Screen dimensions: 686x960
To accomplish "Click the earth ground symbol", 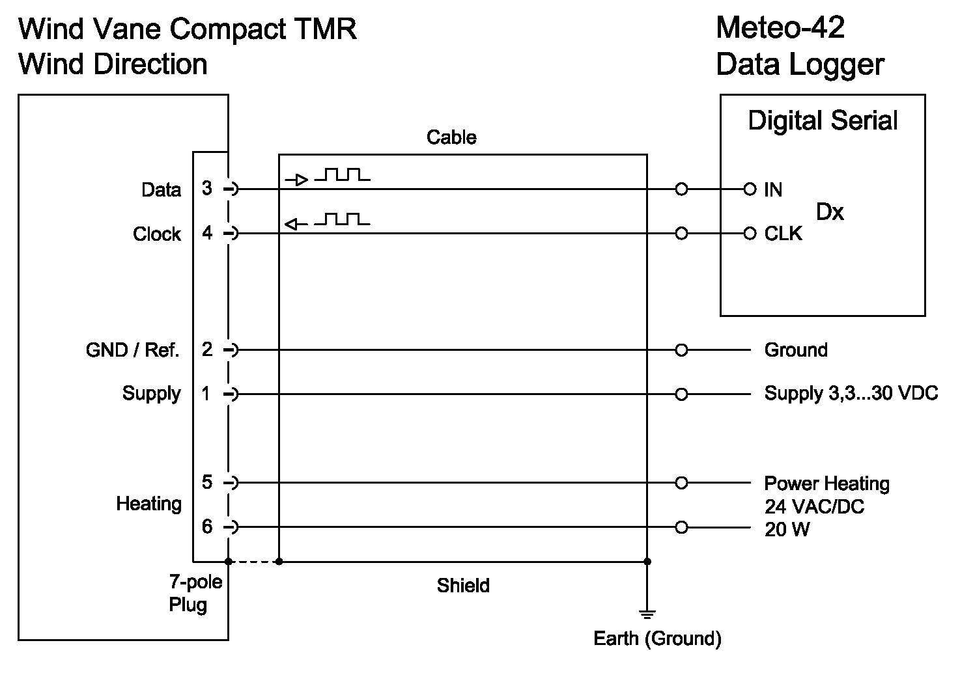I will [647, 614].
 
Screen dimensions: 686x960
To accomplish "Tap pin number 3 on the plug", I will [207, 189].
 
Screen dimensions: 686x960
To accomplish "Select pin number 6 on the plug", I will [207, 526].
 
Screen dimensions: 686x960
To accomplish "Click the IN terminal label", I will [773, 190].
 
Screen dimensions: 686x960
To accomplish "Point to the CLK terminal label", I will [783, 234].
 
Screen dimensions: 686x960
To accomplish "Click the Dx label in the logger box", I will [830, 212].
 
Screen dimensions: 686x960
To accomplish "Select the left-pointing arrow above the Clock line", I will [296, 225].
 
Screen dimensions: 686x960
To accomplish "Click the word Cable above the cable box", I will [451, 137].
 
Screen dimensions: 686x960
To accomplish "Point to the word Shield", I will [463, 586].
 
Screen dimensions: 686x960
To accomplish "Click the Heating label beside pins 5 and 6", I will [148, 504].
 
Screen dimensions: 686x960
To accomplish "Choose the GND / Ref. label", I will [132, 351].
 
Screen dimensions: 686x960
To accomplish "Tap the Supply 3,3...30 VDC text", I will [851, 394].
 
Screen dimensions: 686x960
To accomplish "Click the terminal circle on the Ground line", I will [681, 350].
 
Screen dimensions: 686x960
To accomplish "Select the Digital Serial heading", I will [823, 121].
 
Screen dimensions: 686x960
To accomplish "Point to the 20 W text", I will [787, 530].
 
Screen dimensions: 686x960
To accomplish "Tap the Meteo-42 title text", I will [780, 28].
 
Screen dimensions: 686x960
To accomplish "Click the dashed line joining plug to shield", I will [253, 561].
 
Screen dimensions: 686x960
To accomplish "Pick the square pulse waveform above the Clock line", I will [343, 219].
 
